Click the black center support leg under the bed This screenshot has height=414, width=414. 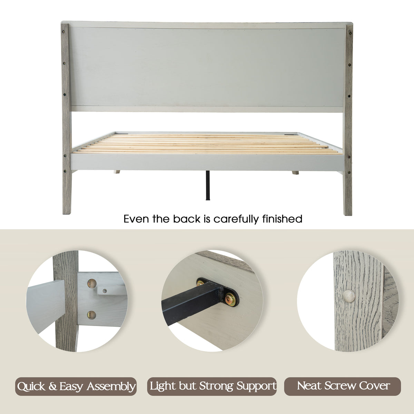coord(208,185)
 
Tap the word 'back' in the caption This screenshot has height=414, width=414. coord(186,219)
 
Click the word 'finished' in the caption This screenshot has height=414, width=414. coord(282,219)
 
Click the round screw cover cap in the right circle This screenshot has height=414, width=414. coord(349,296)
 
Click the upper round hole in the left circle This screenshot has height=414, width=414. coord(92,283)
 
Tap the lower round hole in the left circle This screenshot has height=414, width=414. coord(91,315)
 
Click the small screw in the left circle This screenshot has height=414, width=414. coord(105,291)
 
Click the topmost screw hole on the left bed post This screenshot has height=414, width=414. coord(63,32)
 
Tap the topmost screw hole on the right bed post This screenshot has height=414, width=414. coord(351,33)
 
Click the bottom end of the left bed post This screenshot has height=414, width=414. coord(67,214)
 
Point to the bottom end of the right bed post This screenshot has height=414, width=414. coord(348,215)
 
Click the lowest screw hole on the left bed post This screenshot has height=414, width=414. coord(65,171)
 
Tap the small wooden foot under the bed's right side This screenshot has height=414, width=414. coord(295,172)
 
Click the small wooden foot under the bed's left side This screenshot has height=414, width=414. coord(117,172)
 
